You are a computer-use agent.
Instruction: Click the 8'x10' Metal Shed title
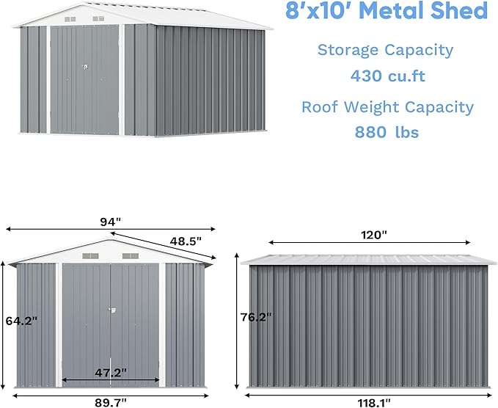tap(385, 11)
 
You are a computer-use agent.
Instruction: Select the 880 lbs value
tap(387, 132)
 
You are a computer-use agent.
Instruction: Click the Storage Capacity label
tap(385, 50)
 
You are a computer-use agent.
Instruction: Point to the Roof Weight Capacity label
tap(387, 106)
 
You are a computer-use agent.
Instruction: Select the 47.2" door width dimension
tap(111, 373)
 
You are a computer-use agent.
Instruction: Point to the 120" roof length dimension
tap(373, 235)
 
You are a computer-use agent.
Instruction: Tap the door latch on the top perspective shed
tap(85, 68)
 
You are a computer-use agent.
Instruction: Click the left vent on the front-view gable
tap(89, 256)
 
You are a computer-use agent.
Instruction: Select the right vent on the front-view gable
tap(130, 256)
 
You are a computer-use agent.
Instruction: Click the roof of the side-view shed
tap(367, 259)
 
